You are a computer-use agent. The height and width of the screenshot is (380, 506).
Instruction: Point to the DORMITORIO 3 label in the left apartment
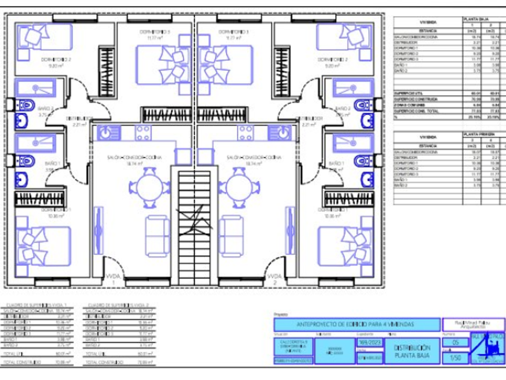155,32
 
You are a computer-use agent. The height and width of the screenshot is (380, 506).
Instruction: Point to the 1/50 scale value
455,358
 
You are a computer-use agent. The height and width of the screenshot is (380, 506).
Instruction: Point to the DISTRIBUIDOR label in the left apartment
80,118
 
